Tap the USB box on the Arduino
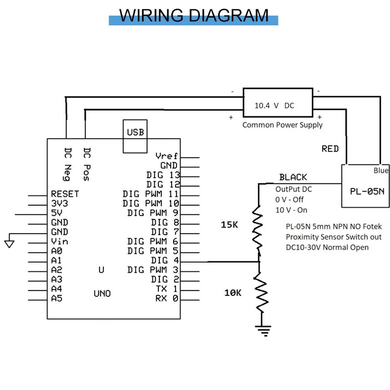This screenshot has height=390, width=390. click(x=136, y=133)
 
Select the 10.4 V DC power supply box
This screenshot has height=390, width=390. click(x=277, y=105)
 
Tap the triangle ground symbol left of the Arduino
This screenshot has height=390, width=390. click(x=9, y=243)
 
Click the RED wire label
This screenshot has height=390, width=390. click(x=330, y=149)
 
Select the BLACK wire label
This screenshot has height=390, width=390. click(x=293, y=177)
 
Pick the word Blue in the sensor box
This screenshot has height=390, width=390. click(x=381, y=171)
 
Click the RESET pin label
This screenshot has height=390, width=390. click(x=64, y=194)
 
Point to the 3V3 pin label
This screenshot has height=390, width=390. click(x=59, y=203)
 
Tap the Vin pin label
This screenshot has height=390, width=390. click(x=59, y=241)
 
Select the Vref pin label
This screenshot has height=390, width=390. click(x=167, y=156)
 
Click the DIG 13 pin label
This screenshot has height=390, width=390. click(x=163, y=175)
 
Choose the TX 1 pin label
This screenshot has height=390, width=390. click(x=166, y=289)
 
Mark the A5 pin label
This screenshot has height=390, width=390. click(x=56, y=298)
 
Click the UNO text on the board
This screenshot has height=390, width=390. click(x=102, y=293)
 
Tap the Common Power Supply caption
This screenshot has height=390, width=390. click(x=283, y=125)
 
